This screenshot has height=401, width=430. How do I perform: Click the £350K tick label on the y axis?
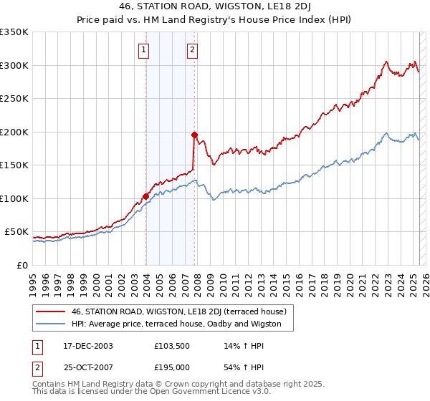(x=14, y=32)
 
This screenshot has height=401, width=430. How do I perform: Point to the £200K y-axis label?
(x=14, y=132)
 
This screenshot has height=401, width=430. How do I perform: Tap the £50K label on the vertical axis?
(x=17, y=232)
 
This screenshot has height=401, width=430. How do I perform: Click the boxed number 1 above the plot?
(x=145, y=50)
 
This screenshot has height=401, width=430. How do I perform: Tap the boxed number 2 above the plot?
(x=193, y=50)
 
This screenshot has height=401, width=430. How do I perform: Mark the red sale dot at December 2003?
(x=145, y=196)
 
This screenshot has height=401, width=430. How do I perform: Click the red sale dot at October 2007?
(x=194, y=135)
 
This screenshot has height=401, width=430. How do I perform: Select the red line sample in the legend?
(x=50, y=311)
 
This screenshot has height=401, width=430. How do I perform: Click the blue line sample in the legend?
(x=50, y=324)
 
